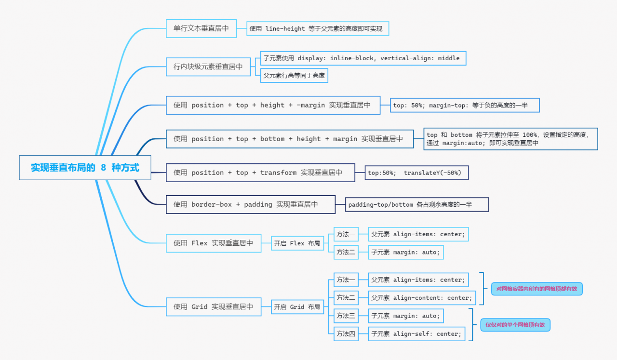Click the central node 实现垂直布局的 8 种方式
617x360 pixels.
[85, 168]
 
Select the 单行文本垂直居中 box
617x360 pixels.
[201, 28]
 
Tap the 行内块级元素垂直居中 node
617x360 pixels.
[208, 67]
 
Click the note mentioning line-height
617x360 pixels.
[317, 29]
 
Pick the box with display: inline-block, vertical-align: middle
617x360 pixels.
[363, 58]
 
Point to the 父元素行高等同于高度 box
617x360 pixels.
[294, 76]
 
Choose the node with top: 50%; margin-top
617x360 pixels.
[464, 106]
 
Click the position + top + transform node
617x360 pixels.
[260, 173]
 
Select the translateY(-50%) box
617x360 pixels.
[416, 173]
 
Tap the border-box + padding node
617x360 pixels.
[250, 204]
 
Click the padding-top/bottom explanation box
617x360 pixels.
[417, 205]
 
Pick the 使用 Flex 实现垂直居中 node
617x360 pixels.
[213, 243]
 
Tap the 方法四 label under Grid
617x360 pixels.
[346, 333]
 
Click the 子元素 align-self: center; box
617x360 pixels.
[416, 333]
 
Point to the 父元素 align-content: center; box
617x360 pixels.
[422, 298]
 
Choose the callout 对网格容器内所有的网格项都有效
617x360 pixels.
[537, 289]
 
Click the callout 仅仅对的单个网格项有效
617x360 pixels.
[515, 325]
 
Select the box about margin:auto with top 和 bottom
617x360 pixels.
[510, 139]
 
